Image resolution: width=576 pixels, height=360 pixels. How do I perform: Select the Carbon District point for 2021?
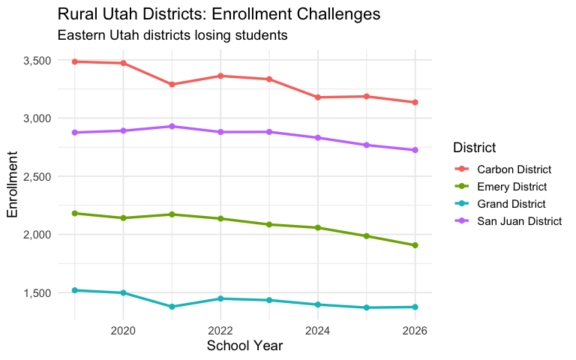click(172, 85)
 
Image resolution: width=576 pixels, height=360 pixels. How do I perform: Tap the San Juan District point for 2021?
click(172, 126)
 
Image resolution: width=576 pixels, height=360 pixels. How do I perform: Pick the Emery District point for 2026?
click(415, 245)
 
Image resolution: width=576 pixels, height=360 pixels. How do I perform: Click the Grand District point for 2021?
click(172, 307)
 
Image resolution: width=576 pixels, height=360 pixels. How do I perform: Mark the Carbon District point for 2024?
click(318, 97)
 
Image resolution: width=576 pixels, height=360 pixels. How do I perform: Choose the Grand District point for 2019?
click(74, 290)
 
